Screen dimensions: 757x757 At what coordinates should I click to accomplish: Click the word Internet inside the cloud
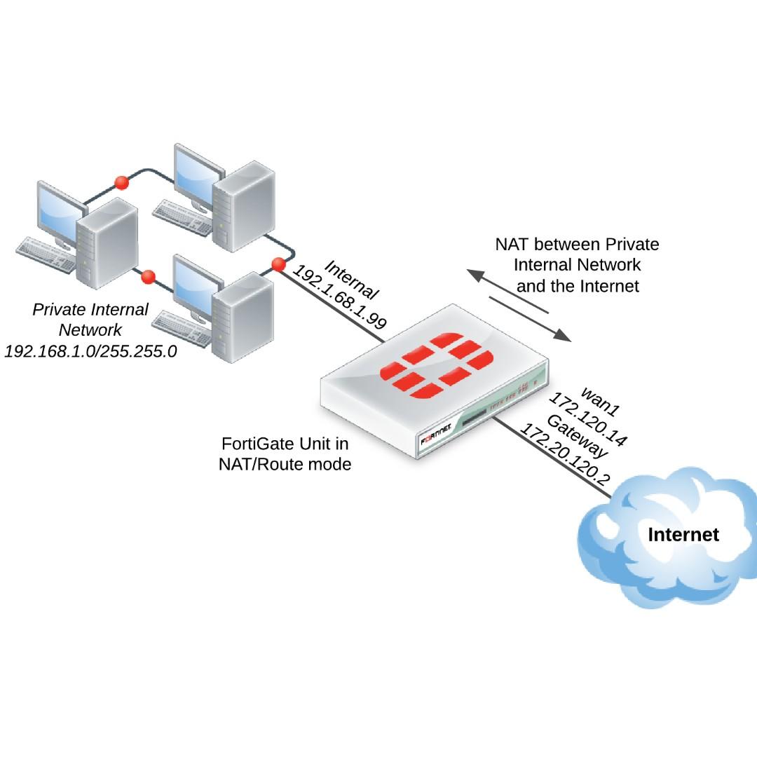pyautogui.click(x=683, y=535)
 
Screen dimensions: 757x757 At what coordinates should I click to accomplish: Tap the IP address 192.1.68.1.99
pyautogui.click(x=339, y=297)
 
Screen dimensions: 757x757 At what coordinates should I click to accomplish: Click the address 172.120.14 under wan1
pyautogui.click(x=587, y=420)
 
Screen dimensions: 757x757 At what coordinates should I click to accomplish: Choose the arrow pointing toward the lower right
pyautogui.click(x=530, y=319)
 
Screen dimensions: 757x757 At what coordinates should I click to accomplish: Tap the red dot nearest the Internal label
pyautogui.click(x=278, y=265)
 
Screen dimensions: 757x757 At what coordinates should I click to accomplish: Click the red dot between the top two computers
pyautogui.click(x=121, y=182)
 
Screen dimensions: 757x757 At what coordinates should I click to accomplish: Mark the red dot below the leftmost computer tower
pyautogui.click(x=148, y=277)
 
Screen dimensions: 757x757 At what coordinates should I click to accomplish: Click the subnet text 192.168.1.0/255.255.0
pyautogui.click(x=90, y=350)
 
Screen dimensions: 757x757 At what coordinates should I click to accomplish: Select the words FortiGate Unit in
pyautogui.click(x=285, y=444)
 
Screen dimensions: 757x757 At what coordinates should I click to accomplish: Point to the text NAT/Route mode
pyautogui.click(x=285, y=463)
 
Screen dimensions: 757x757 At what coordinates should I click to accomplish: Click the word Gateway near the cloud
pyautogui.click(x=577, y=437)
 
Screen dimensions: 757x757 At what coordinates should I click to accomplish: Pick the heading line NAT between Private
pyautogui.click(x=577, y=245)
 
